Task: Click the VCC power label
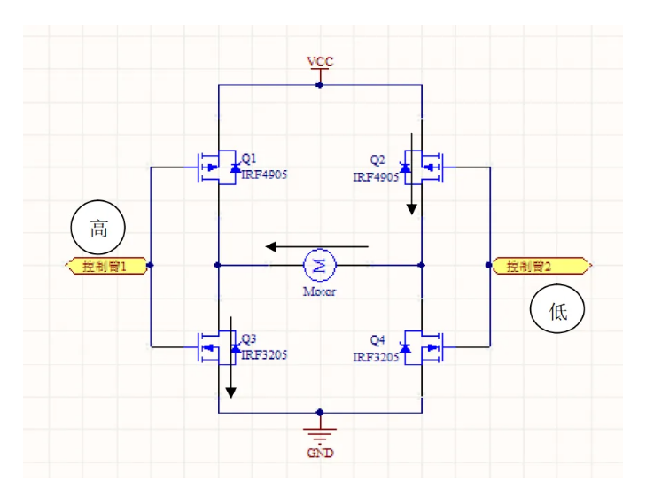point(320,61)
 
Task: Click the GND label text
point(320,453)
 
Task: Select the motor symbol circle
point(319,264)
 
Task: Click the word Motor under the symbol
point(319,291)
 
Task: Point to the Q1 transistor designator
point(249,159)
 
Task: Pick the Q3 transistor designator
point(249,339)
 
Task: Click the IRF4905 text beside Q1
point(264,175)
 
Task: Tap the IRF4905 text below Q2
point(376,177)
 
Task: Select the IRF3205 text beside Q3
point(264,354)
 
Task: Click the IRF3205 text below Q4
point(376,357)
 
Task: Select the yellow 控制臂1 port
point(105,265)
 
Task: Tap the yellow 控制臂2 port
point(541,265)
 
